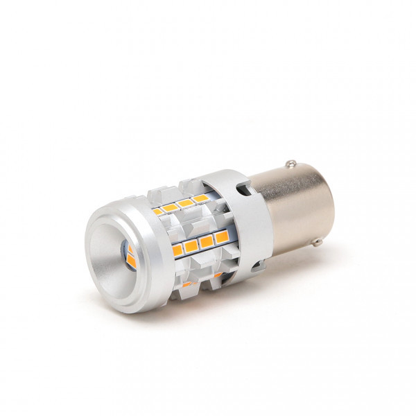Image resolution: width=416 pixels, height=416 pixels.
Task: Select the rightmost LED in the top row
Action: pos(200,199)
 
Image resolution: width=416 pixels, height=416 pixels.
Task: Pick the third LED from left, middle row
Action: pos(206,242)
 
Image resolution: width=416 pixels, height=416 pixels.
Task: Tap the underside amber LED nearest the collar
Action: pos(218,276)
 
